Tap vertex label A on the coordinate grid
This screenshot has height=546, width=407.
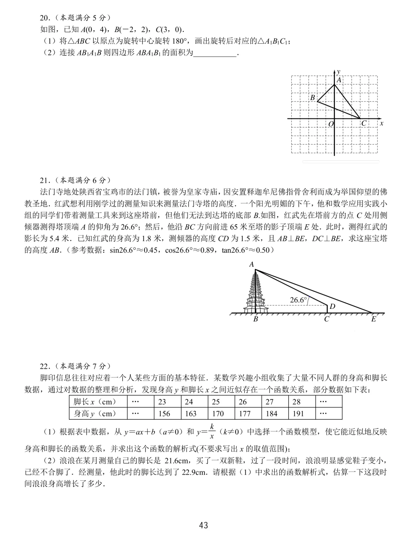pyautogui.click(x=339, y=80)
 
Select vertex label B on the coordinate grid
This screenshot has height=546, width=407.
pyautogui.click(x=312, y=98)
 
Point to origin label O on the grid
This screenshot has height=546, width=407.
pyautogui.click(x=331, y=124)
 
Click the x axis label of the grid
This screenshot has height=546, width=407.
pyautogui.click(x=381, y=123)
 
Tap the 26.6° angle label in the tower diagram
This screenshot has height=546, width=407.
pyautogui.click(x=298, y=300)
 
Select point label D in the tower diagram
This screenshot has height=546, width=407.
pyautogui.click(x=332, y=307)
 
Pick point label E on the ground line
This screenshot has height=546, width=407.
pyautogui.click(x=373, y=319)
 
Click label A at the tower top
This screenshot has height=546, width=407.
pyautogui.click(x=251, y=265)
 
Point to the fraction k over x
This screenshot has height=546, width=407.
pyautogui.click(x=212, y=431)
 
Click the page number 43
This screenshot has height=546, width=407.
pyautogui.click(x=203, y=525)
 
